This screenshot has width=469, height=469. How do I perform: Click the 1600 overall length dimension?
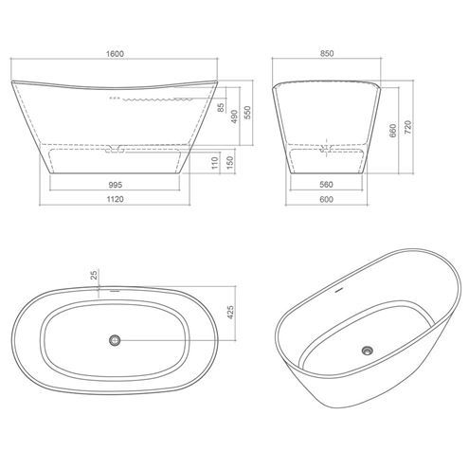pos(115,54)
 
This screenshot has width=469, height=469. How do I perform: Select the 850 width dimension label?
pos(327,54)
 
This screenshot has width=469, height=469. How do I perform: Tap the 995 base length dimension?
pos(115,185)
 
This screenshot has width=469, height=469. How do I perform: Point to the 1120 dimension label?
pos(115,199)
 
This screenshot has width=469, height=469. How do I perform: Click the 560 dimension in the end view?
pos(326,185)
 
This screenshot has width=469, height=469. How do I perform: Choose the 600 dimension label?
pos(326,199)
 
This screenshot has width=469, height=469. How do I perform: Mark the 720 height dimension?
pos(408,127)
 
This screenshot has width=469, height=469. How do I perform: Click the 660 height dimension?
pos(392,131)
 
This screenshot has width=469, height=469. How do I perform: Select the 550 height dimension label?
pos(247,113)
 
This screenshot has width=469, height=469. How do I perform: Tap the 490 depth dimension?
pos(234,117)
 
